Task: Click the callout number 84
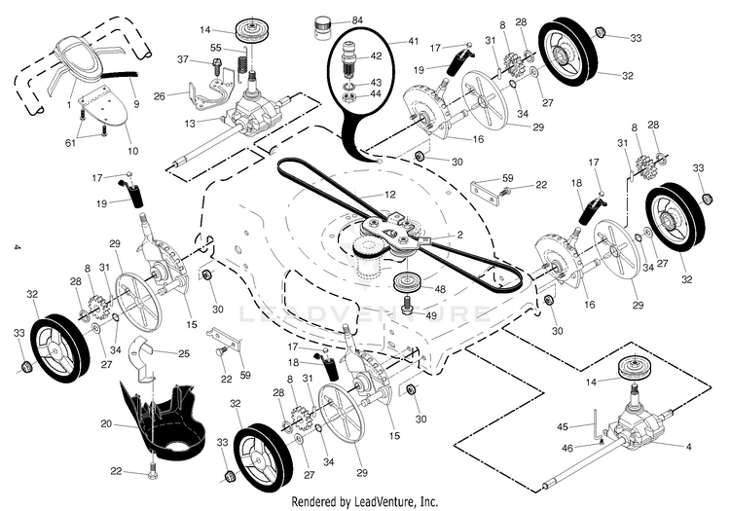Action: (x=357, y=20)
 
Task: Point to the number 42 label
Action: (x=377, y=57)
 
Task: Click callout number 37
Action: (x=182, y=59)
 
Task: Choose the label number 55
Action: (x=215, y=48)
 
